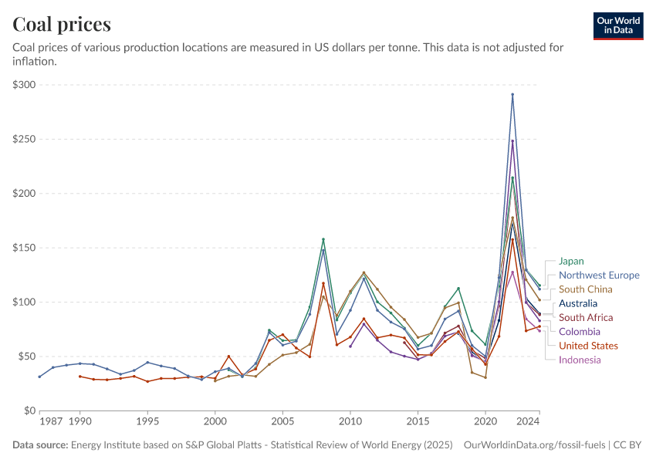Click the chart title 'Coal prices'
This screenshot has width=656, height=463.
[x=62, y=24]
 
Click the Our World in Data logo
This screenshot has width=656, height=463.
[x=618, y=25]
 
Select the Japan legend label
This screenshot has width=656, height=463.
[x=571, y=261]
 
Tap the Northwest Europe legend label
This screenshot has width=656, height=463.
[x=599, y=275]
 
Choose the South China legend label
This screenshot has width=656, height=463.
[x=585, y=289]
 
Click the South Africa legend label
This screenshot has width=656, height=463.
[x=586, y=317]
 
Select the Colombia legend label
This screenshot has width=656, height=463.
[x=578, y=331]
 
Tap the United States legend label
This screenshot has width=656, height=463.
[x=588, y=345]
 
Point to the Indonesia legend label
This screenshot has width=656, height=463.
[x=580, y=360]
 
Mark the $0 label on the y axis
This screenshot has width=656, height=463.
[x=29, y=411]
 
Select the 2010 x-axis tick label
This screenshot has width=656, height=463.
[x=350, y=422]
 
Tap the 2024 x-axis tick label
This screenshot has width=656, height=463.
[x=529, y=422]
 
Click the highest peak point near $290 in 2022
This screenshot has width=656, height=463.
[x=512, y=94]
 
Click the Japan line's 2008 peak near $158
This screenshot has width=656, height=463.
[x=323, y=239]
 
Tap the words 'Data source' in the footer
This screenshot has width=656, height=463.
[x=39, y=444]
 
